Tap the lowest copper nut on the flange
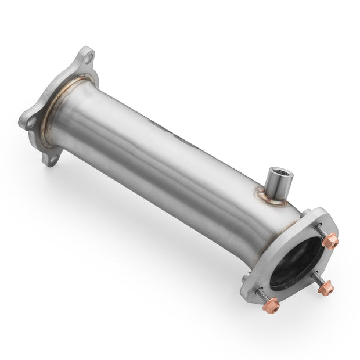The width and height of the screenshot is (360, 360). click(271, 305)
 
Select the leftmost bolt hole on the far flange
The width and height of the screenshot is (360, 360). click(32, 121)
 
